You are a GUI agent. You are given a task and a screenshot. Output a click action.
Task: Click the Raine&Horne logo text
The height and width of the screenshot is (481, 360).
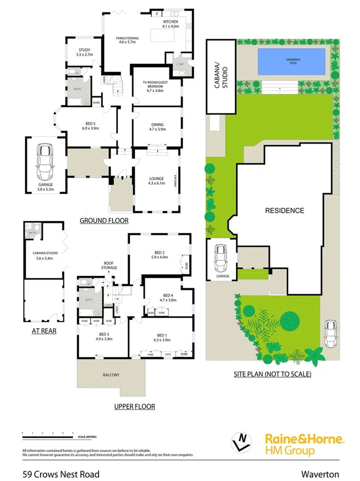click(304, 439)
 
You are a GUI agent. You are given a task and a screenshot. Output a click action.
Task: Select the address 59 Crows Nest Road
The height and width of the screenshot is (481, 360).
click(53, 474)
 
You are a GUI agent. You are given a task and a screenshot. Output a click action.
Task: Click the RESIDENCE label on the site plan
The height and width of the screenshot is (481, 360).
click(285, 211)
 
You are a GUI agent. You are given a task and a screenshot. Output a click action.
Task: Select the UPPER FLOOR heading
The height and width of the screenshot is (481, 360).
click(134, 407)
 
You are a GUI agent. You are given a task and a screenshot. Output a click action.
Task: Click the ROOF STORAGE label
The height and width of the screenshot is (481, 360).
click(109, 266)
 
